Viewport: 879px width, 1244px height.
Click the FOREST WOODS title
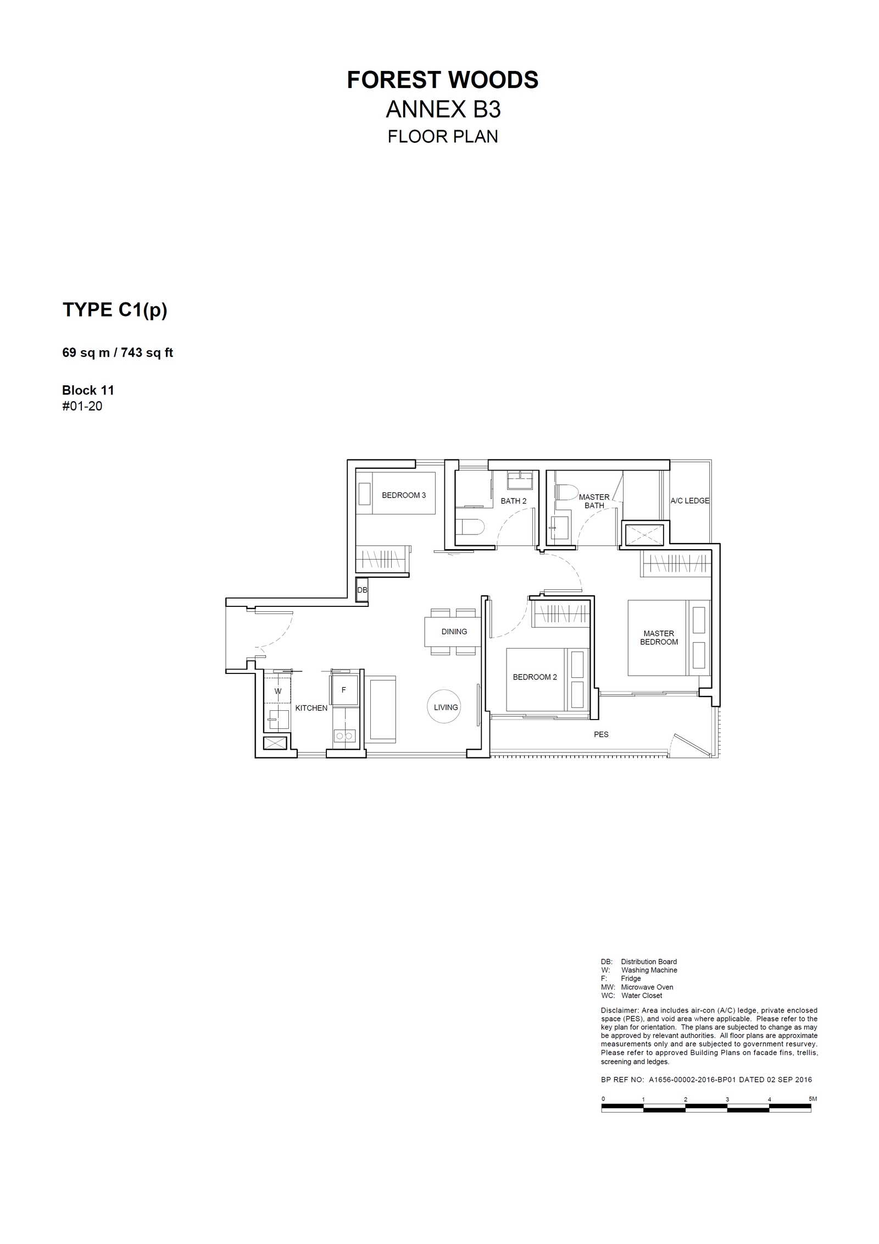click(x=442, y=80)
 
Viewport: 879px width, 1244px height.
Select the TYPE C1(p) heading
click(x=115, y=311)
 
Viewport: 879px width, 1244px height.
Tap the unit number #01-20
click(x=82, y=406)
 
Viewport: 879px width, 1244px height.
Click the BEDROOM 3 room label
click(x=404, y=495)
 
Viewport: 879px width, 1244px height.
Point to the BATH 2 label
click(x=514, y=501)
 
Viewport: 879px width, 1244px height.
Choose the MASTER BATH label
click(x=594, y=501)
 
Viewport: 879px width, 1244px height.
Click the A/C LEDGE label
click(x=689, y=501)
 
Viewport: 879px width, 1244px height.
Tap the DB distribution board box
click(x=362, y=590)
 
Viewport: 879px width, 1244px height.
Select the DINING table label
click(x=454, y=632)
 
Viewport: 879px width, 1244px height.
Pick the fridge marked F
click(x=344, y=690)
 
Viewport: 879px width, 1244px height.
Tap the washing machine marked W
click(x=277, y=691)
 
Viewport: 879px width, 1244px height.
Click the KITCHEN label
click(x=311, y=708)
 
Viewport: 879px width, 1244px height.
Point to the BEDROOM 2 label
click(x=535, y=677)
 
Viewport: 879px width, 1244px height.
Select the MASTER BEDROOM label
click(x=659, y=638)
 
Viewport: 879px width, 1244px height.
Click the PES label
click(x=601, y=734)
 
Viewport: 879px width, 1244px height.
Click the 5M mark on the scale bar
click(x=813, y=1099)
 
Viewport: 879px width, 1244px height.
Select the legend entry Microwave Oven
click(x=647, y=987)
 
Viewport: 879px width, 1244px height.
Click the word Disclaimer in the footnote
click(x=620, y=1010)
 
